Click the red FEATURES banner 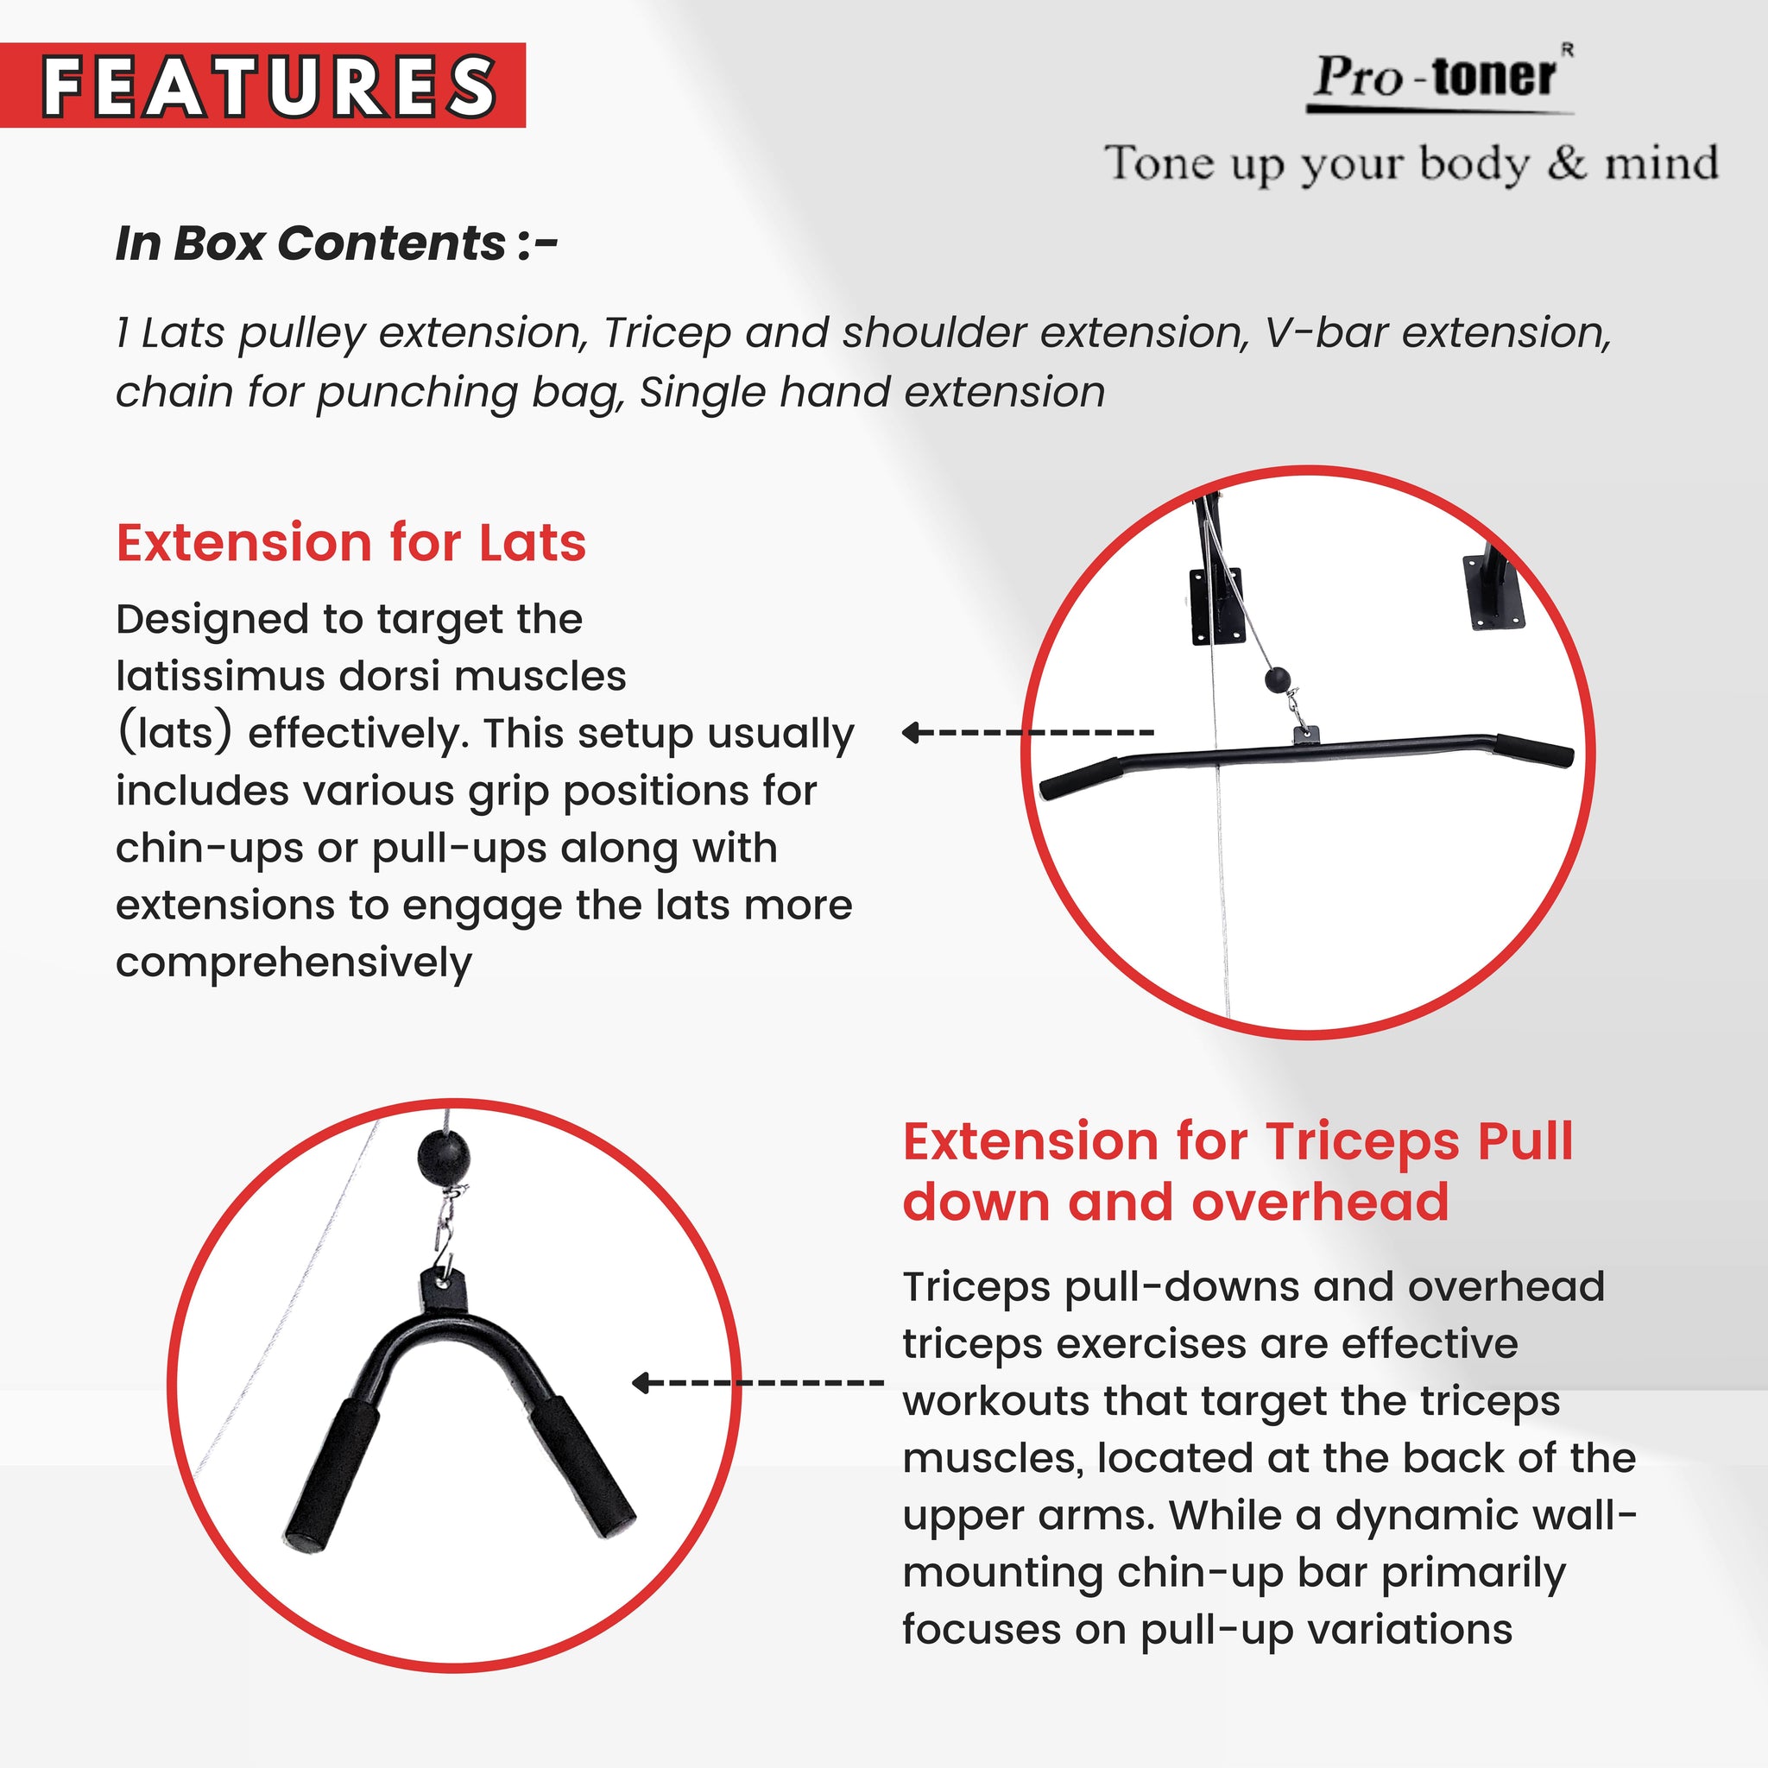(262, 85)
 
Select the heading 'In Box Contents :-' (336, 243)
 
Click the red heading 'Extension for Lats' (350, 543)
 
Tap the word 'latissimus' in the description (220, 676)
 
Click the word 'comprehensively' (293, 963)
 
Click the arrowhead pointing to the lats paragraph (911, 732)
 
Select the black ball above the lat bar (1278, 680)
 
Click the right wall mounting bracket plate (1496, 596)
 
